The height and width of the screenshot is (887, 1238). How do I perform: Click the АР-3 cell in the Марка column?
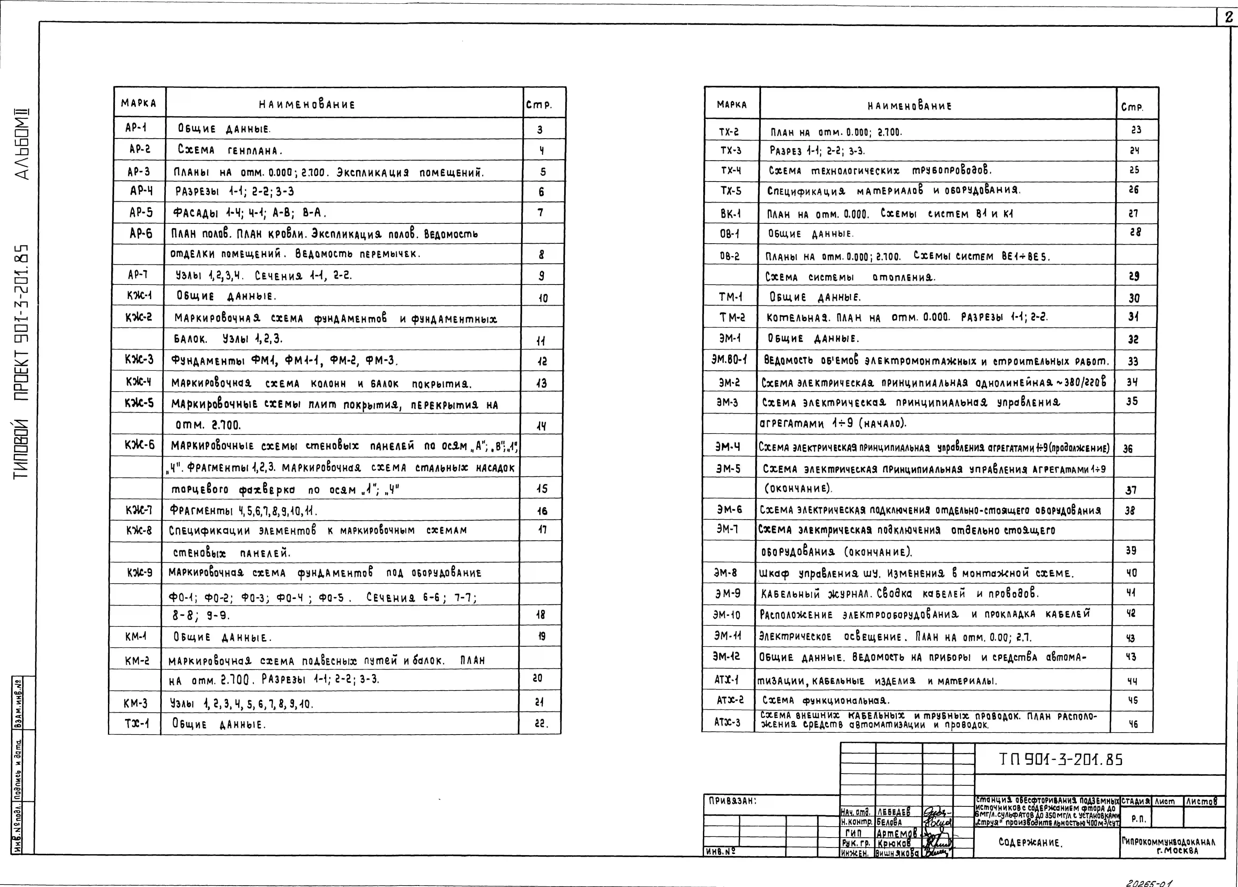139,171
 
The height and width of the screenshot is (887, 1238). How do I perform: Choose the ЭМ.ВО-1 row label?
729,360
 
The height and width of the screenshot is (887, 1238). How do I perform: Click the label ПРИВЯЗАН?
733,801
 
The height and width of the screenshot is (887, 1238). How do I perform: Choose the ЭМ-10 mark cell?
727,615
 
